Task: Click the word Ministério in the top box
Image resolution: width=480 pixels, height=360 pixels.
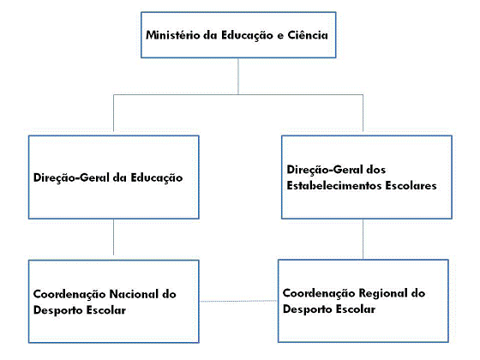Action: click(x=172, y=35)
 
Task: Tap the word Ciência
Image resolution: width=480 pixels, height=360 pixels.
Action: click(x=308, y=35)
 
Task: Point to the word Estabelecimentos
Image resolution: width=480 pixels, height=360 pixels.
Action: click(x=334, y=185)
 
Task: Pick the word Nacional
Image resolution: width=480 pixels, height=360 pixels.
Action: click(x=134, y=294)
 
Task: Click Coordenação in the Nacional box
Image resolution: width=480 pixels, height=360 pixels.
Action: click(x=69, y=295)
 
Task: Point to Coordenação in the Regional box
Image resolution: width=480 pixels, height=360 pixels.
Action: click(x=319, y=293)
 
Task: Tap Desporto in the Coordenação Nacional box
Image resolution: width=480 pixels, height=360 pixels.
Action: click(x=57, y=310)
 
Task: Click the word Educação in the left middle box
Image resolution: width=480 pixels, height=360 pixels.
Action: click(x=157, y=178)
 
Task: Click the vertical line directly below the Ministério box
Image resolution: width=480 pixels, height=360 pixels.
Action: click(x=238, y=76)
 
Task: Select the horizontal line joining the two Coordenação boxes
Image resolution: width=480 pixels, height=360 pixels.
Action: click(x=238, y=301)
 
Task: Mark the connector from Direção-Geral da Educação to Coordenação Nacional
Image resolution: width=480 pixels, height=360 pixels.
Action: click(x=113, y=237)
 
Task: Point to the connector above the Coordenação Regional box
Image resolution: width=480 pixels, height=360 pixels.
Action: click(x=363, y=239)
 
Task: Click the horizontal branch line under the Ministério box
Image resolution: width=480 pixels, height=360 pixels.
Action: click(x=238, y=94)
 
